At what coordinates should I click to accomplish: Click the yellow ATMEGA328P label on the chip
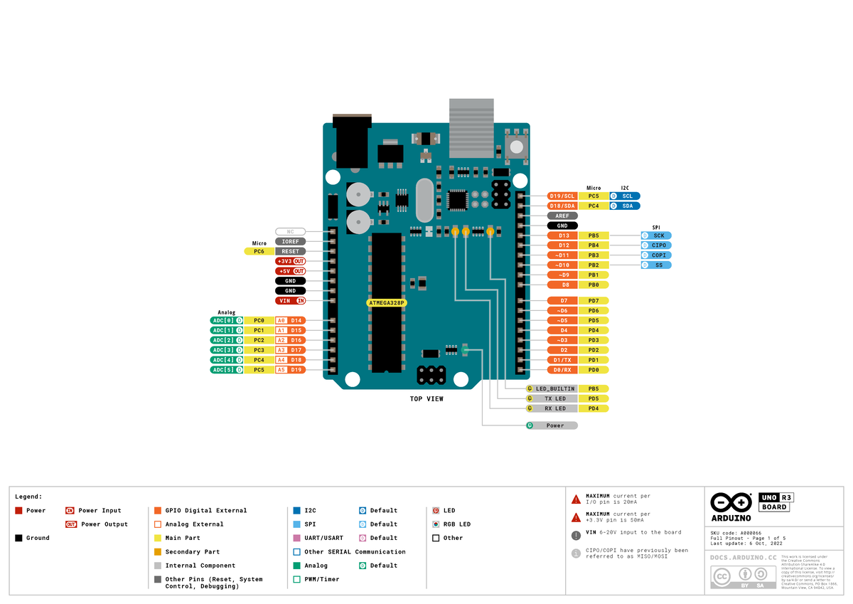387,302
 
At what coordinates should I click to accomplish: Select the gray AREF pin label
562,216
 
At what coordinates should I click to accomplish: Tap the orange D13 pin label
562,235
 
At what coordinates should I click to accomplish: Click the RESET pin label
290,251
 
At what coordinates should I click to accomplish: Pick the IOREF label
290,241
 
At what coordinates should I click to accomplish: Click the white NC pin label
290,231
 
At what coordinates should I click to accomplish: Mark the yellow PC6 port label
259,251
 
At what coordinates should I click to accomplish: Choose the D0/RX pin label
562,370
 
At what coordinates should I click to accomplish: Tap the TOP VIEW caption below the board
426,399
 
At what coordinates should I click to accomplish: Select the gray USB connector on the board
471,128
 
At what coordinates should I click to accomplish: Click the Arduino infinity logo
731,502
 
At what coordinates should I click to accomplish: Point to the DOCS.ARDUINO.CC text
742,558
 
